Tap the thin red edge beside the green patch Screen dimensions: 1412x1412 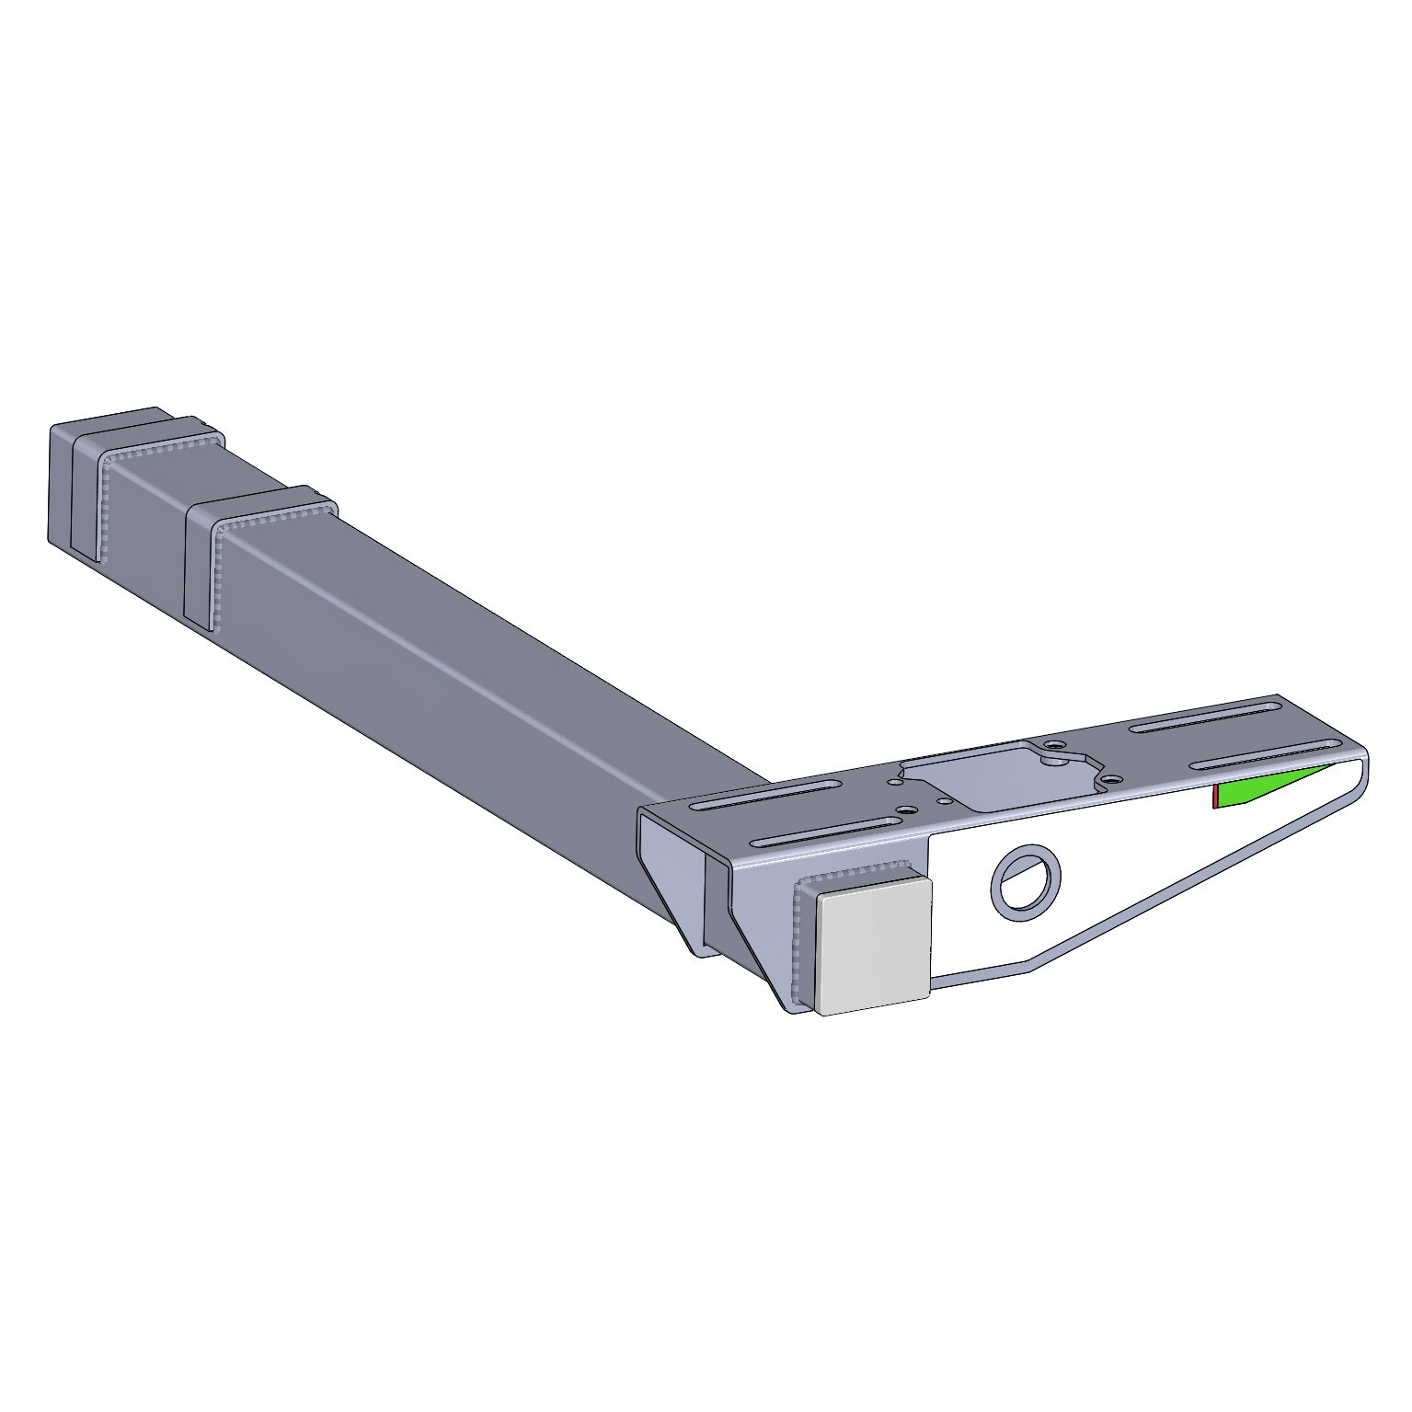[1215, 798]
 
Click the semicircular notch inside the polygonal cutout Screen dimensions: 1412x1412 [1052, 761]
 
